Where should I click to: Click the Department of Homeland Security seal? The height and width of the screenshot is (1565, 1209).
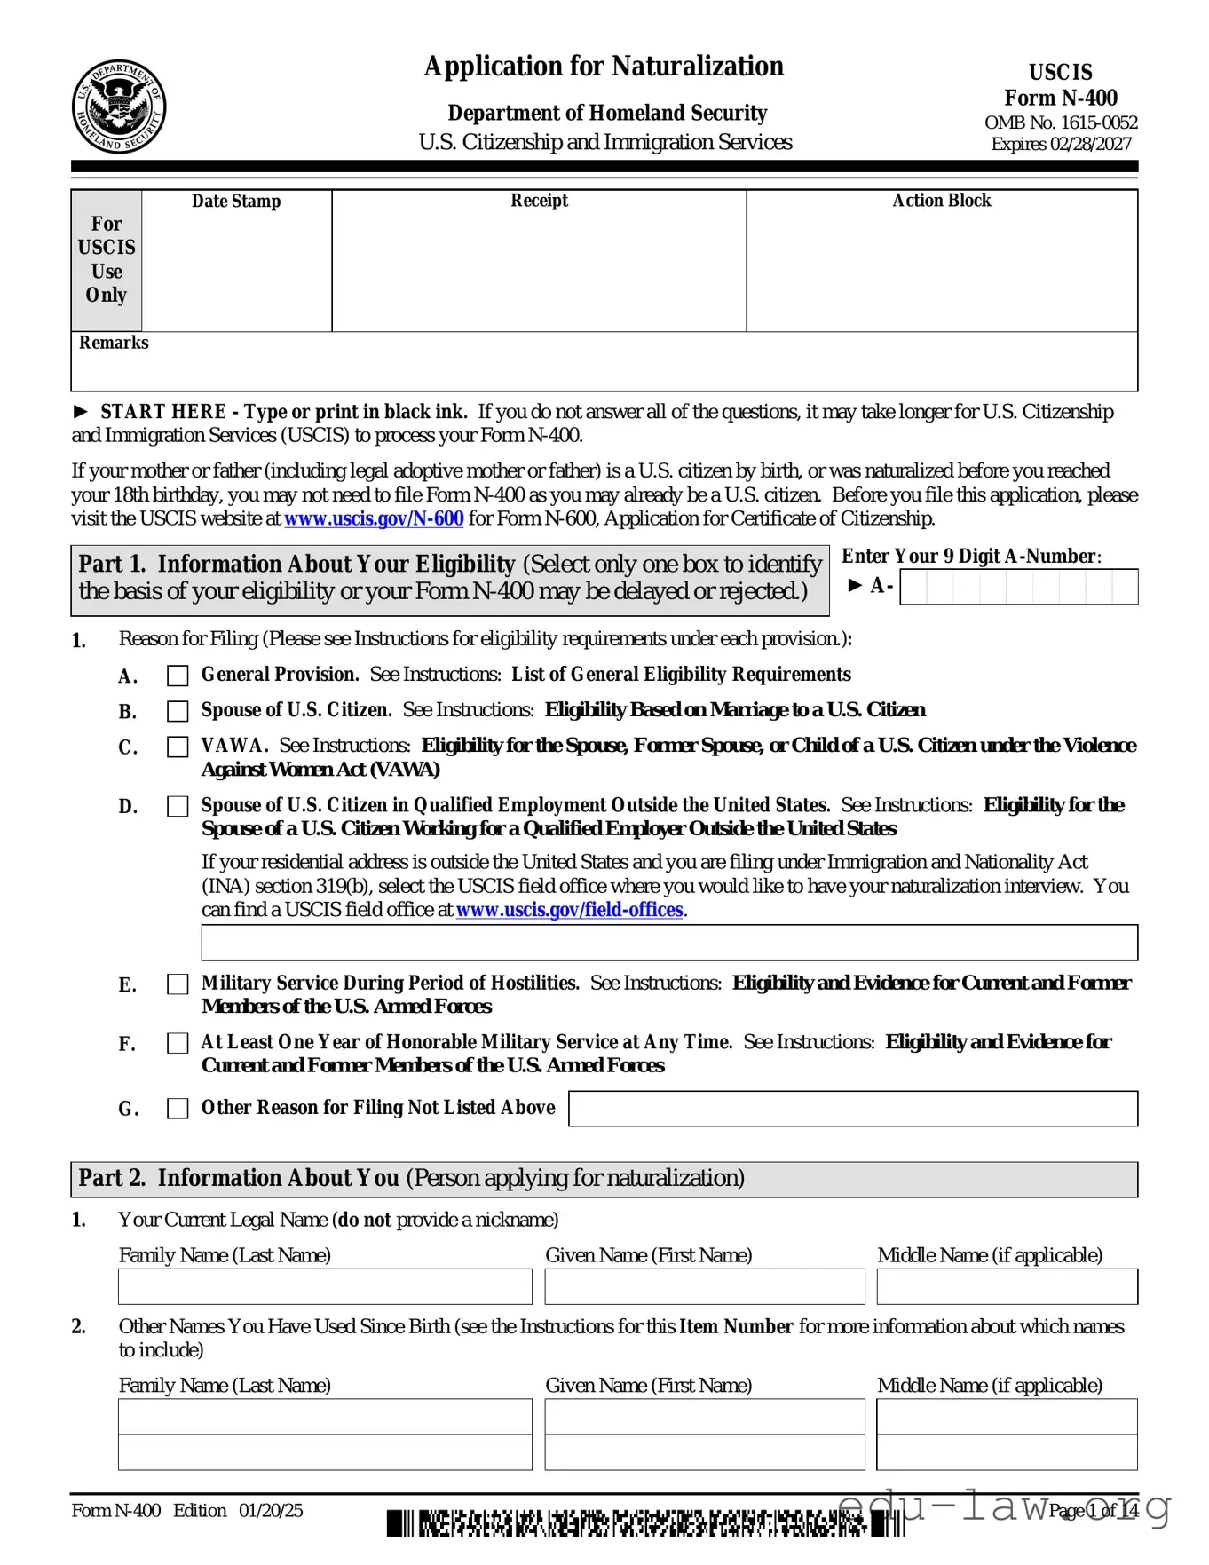pos(118,107)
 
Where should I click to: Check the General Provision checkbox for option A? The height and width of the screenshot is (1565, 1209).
pos(178,676)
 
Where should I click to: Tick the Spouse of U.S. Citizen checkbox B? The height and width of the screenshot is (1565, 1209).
pos(178,711)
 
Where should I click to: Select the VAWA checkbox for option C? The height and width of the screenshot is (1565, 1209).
pos(178,747)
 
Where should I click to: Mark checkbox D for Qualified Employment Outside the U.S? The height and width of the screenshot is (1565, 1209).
pos(178,806)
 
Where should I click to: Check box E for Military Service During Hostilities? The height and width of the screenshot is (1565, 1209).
pos(178,984)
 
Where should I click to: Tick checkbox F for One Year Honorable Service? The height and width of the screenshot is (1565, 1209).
pos(178,1043)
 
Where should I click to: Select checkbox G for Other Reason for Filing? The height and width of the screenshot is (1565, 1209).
pos(178,1108)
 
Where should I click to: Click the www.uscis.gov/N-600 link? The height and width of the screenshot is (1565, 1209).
pos(374,518)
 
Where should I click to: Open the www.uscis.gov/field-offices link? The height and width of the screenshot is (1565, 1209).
pos(569,910)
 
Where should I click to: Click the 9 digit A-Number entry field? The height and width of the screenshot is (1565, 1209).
pos(1018,587)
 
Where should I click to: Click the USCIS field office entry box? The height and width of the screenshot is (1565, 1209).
pos(668,942)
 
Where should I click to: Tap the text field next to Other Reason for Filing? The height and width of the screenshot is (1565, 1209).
pos(852,1108)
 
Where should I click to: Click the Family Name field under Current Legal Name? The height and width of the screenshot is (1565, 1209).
pos(325,1286)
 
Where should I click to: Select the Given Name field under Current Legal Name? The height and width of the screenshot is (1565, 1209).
pos(704,1286)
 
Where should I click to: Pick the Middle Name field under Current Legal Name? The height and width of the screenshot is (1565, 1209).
pos(1007,1286)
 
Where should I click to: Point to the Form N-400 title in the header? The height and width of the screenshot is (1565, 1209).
pos(1060,98)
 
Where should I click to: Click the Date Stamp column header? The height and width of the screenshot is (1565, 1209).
pos(236,202)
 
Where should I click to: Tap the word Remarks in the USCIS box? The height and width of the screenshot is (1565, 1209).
pos(114,343)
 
